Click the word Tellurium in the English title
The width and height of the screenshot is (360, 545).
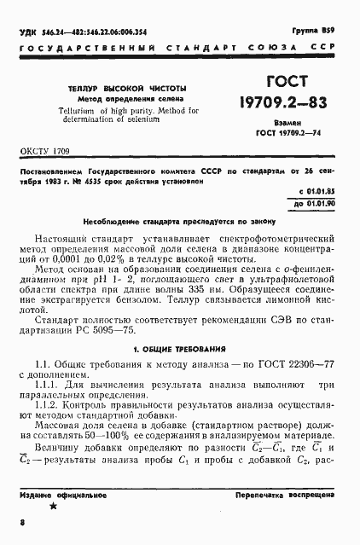pos(75,111)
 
